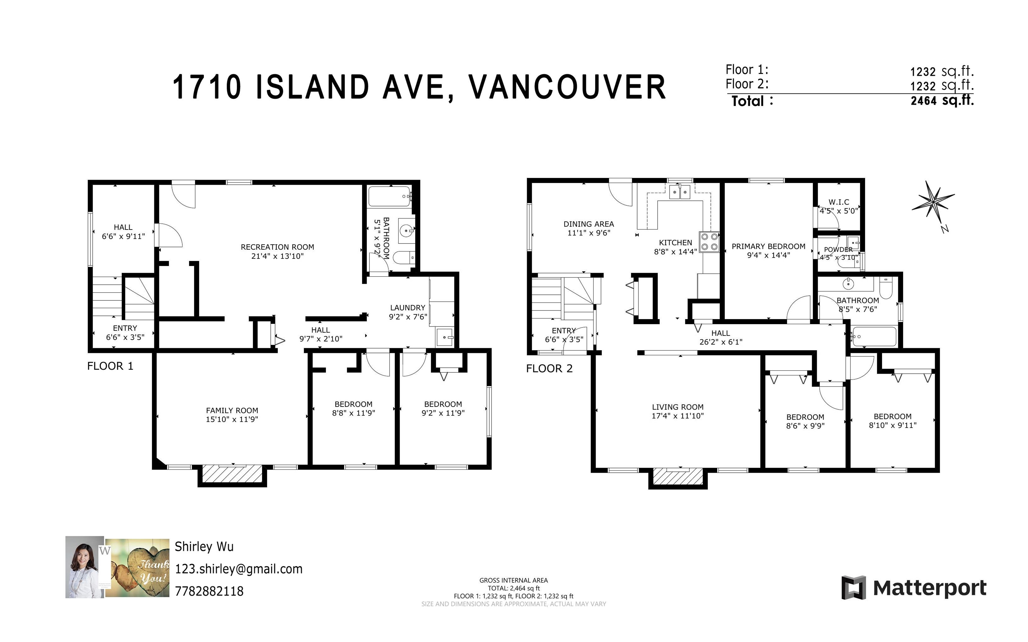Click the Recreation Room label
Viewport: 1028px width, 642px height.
click(277, 247)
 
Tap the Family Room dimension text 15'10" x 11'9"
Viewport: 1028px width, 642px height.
click(232, 420)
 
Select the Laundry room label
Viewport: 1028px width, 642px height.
click(408, 307)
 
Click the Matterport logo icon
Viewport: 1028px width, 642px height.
click(853, 588)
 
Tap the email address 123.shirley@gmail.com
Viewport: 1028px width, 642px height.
click(239, 569)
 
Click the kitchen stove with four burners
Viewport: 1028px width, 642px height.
click(709, 242)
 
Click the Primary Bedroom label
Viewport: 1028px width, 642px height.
click(769, 246)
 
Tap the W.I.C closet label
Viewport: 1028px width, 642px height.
click(839, 202)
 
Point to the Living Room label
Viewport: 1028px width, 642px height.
click(678, 407)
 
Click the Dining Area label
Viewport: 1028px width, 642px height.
click(589, 224)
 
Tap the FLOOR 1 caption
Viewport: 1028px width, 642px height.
click(110, 366)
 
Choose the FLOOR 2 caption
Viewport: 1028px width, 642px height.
click(549, 369)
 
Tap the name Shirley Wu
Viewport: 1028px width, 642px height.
click(204, 546)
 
